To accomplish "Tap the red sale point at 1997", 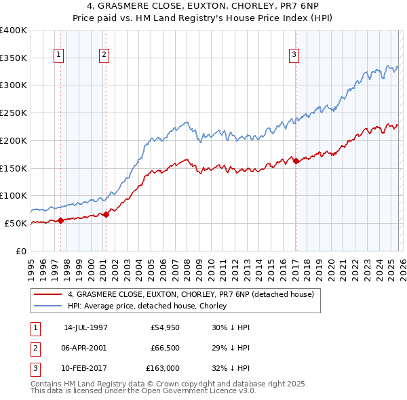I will (x=60, y=220).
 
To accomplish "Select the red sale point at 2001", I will (x=106, y=214).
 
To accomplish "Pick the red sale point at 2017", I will (x=296, y=161).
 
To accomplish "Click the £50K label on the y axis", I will (x=16, y=223).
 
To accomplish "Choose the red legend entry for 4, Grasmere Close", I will (x=190, y=295).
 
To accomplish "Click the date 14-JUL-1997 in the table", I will (x=85, y=327).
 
